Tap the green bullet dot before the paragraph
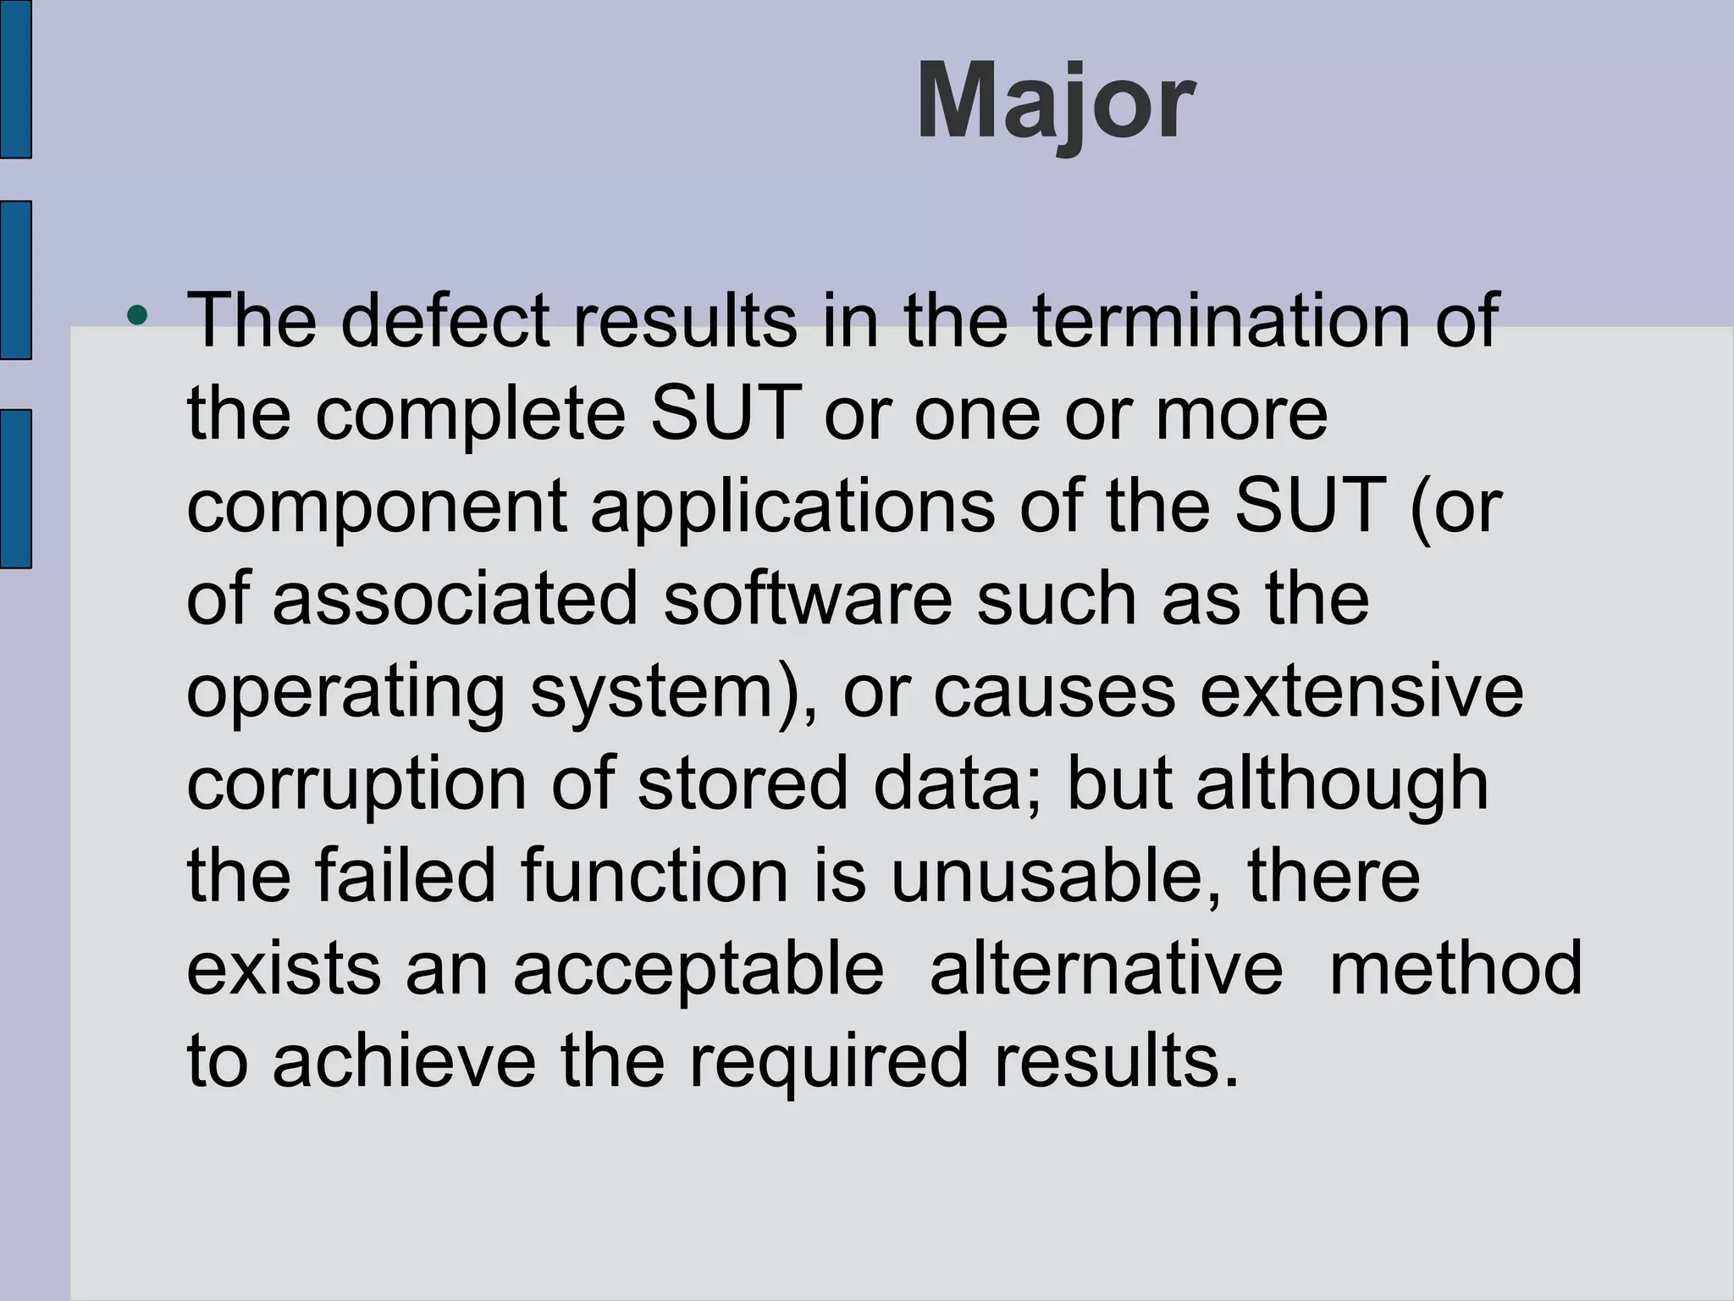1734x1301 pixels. click(136, 317)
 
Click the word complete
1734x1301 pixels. click(471, 415)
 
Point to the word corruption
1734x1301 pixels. click(356, 784)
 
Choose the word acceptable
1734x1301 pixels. click(699, 967)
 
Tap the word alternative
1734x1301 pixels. click(1106, 967)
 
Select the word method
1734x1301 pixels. click(1455, 967)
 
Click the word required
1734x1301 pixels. click(828, 1060)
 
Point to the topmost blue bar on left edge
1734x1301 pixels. click(15, 79)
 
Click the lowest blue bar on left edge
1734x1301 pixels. click(15, 489)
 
